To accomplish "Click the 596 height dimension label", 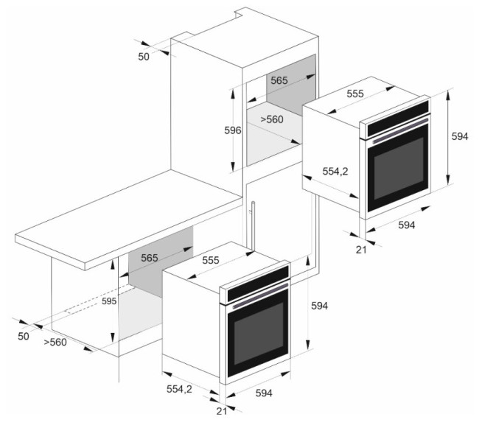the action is point(233,130).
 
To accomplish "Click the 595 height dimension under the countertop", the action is point(109,301).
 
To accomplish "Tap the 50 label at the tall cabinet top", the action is point(144,57).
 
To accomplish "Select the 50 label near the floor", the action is point(24,337).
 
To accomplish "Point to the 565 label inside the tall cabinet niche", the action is point(279,80).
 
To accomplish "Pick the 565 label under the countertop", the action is point(150,258).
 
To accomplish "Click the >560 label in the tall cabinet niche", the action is point(272,119).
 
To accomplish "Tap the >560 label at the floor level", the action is point(55,343).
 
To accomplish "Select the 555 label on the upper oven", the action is point(355,94).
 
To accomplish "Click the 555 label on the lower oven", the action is point(211,260).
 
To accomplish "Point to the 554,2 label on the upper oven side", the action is point(335,172).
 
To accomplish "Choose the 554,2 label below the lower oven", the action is point(179,389).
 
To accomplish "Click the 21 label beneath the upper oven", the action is point(361,250).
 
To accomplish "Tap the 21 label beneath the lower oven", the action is point(222,411).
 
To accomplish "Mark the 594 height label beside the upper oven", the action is point(460,136).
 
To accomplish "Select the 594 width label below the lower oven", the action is point(264,393).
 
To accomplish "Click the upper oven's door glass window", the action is point(399,168).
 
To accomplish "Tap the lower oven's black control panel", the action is point(258,282).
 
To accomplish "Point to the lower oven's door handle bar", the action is point(260,296).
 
